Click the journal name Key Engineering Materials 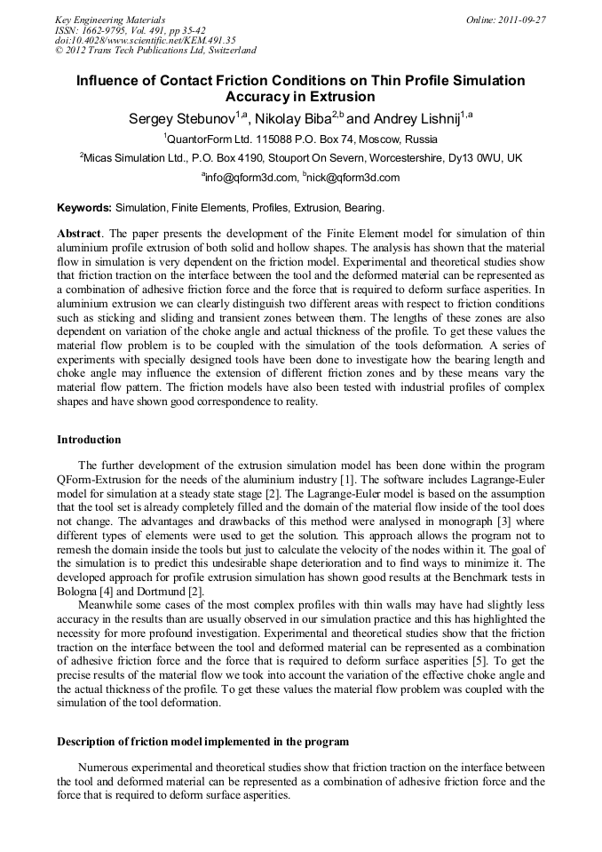click(110, 20)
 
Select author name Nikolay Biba click(292, 118)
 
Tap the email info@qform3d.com click(250, 178)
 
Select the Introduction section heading click(89, 440)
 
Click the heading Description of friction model click(202, 742)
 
